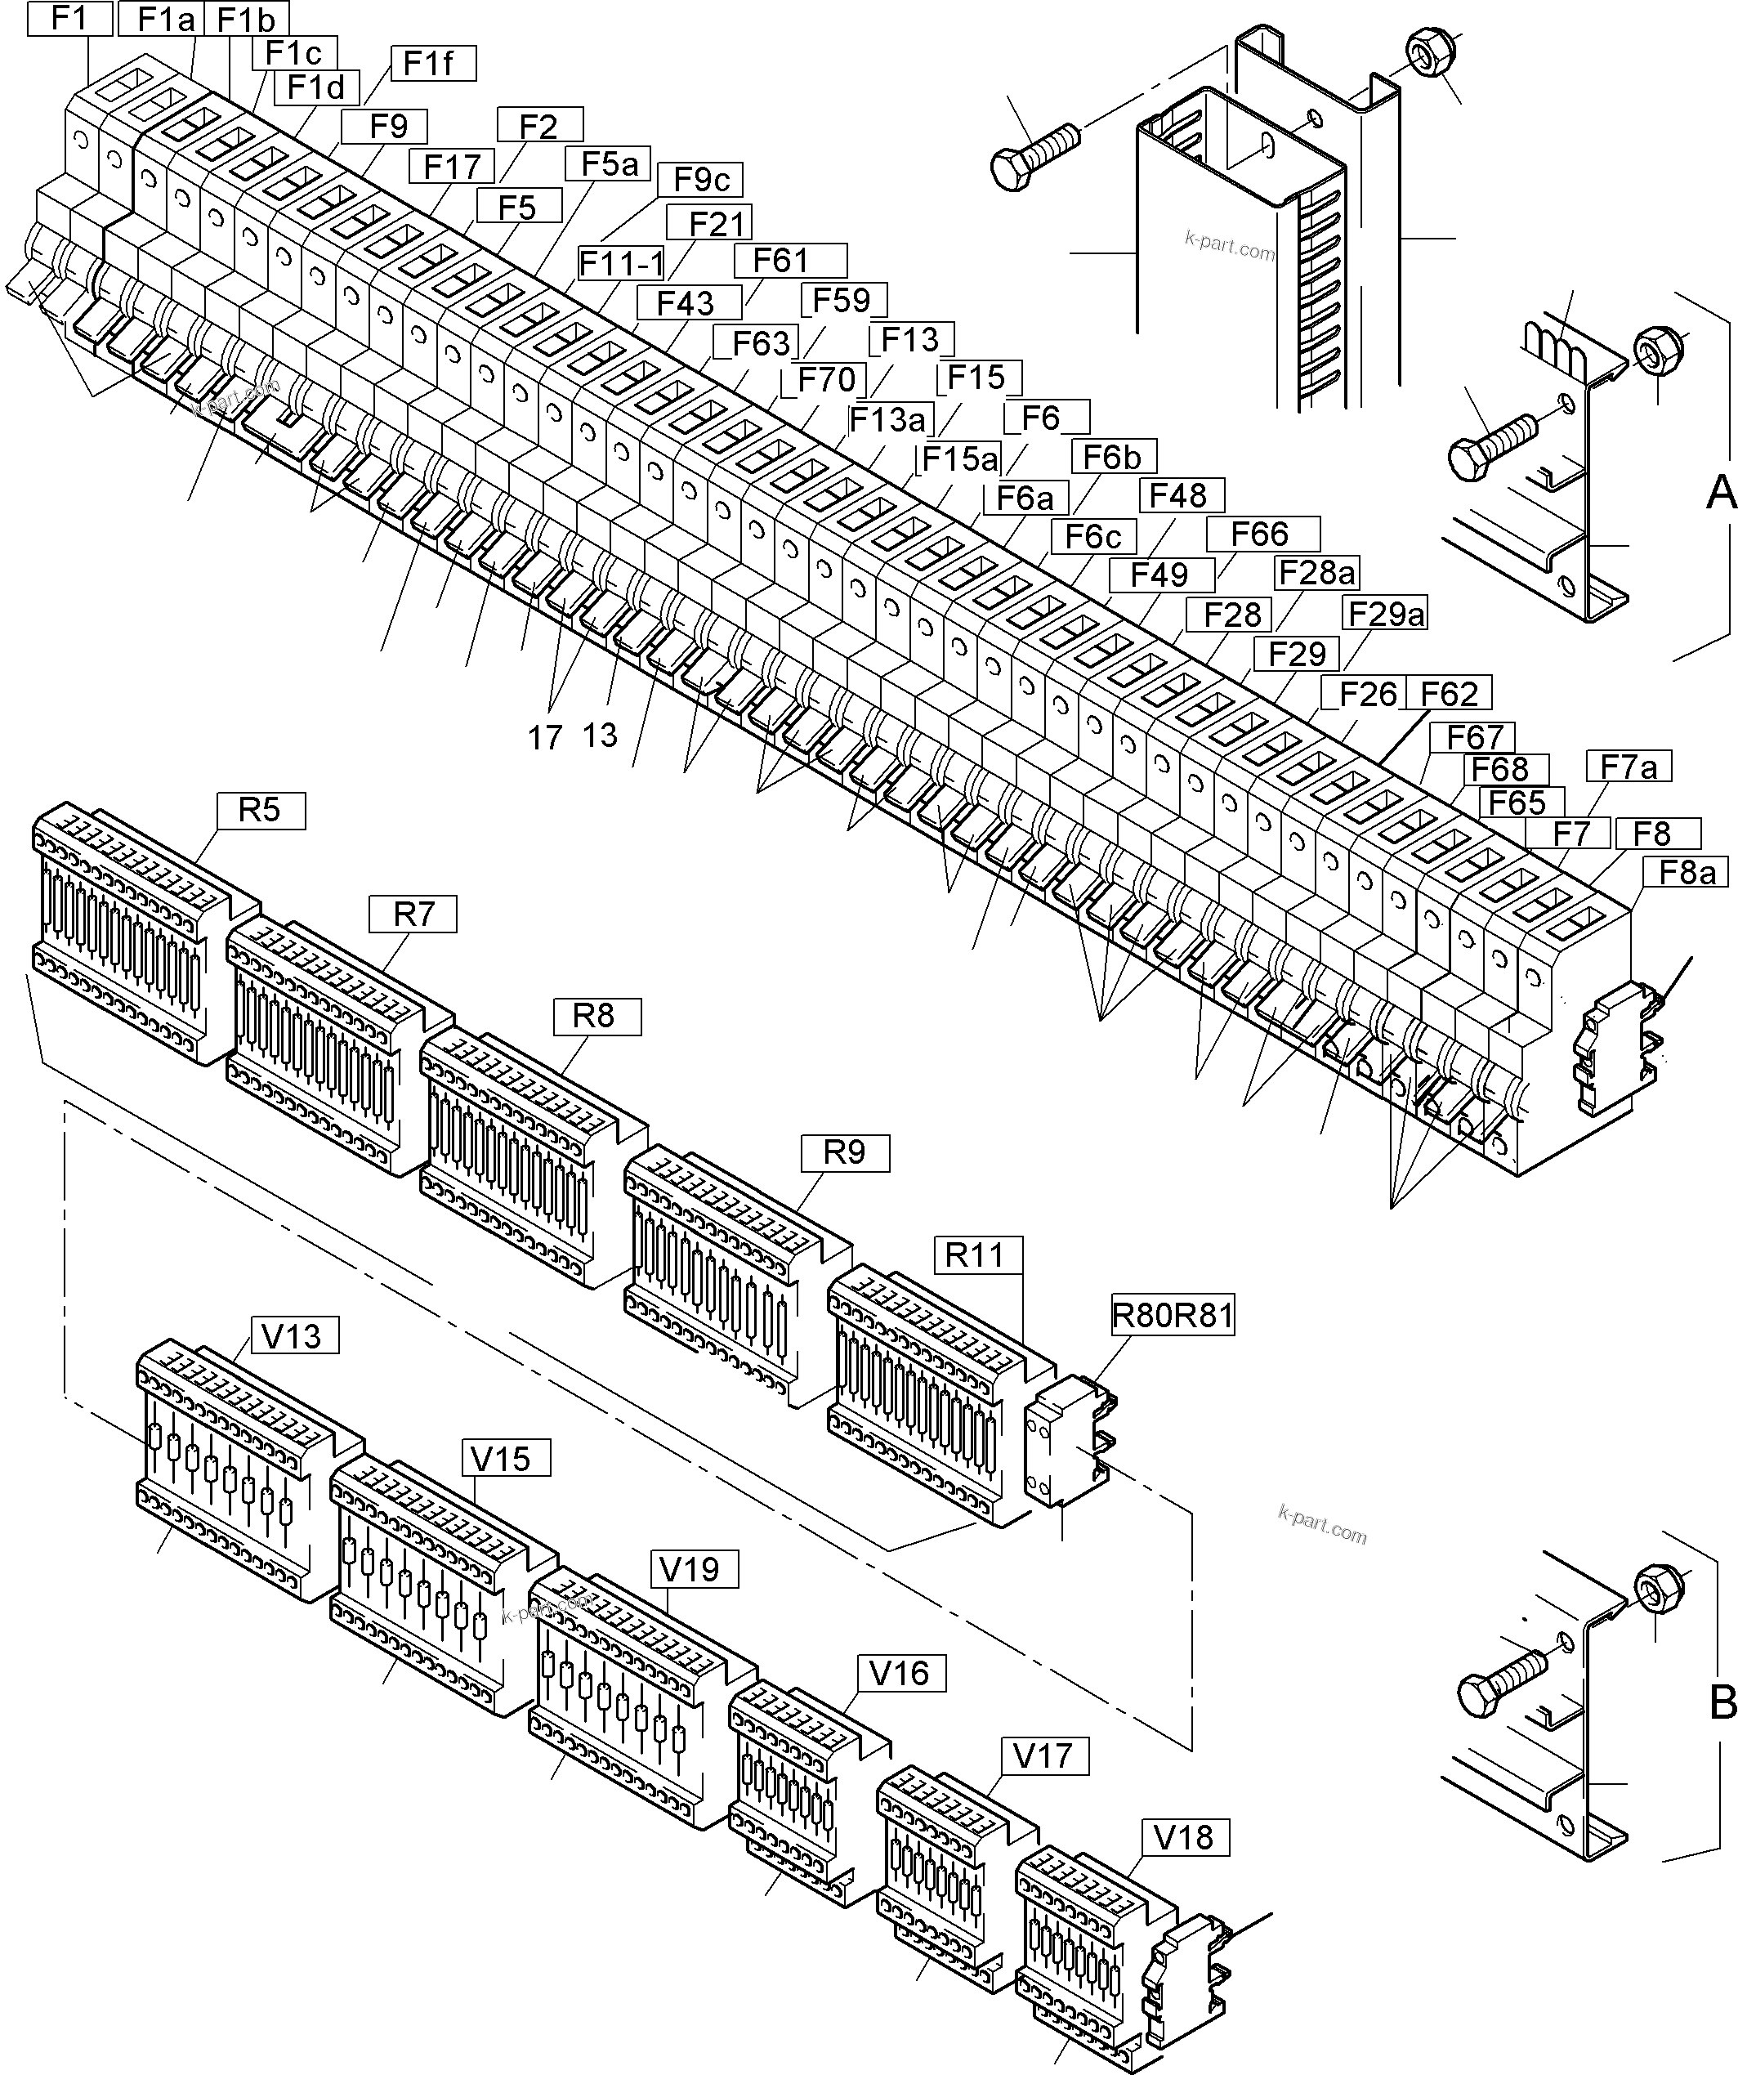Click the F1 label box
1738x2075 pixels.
69,19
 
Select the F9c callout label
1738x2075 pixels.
700,180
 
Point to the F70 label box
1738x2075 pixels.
825,379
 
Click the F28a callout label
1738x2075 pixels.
1317,572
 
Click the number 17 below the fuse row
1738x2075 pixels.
544,737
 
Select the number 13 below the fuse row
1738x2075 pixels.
600,736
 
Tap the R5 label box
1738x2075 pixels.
261,810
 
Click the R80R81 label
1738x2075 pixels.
1173,1315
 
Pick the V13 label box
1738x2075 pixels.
293,1336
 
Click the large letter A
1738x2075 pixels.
1720,492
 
